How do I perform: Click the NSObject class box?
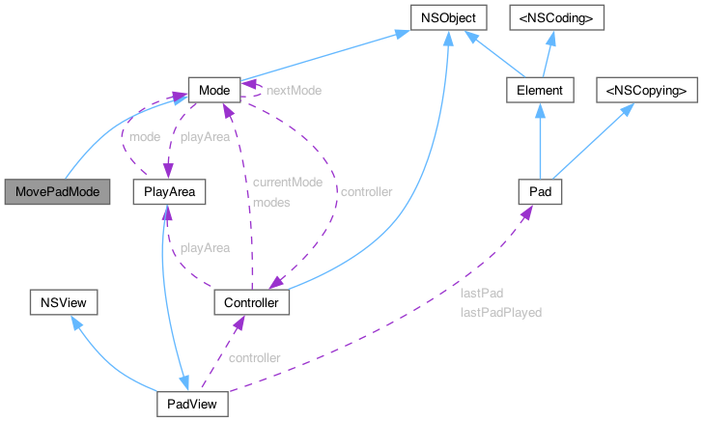[x=444, y=17]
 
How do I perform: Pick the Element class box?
[x=541, y=90]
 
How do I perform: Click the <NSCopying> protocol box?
[x=646, y=90]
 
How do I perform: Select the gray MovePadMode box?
[x=56, y=192]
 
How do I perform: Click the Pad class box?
[x=540, y=192]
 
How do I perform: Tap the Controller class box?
[x=251, y=303]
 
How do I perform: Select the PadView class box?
[x=192, y=403]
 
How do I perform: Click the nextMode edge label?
[x=294, y=90]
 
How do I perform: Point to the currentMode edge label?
[x=287, y=182]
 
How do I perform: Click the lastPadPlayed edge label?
[x=500, y=312]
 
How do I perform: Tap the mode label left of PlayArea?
[x=144, y=137]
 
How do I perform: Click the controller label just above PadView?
[x=254, y=357]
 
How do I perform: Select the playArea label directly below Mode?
[x=206, y=137]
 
